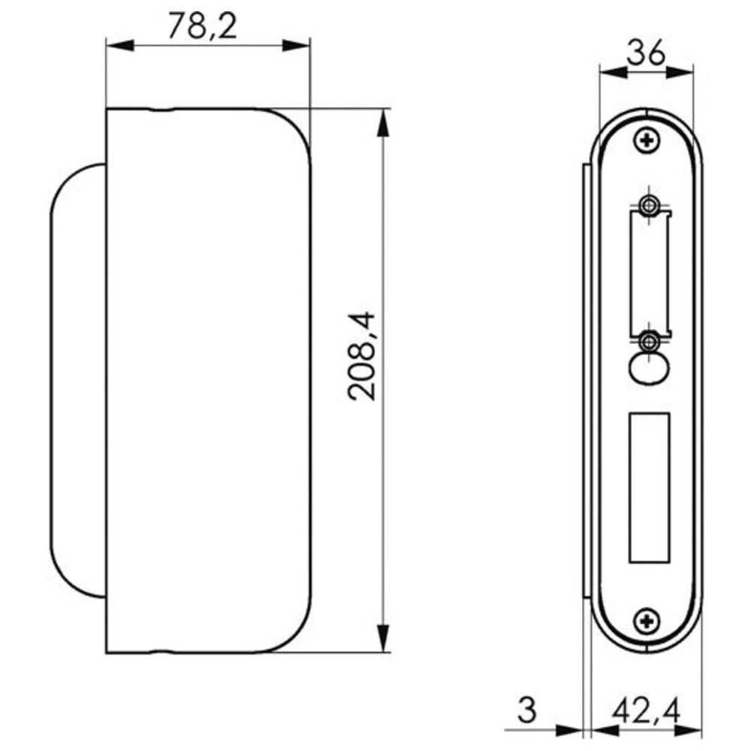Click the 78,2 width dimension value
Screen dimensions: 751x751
pos(203,26)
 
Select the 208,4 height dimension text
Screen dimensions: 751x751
pos(362,356)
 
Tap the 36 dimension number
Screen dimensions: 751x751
pos(646,53)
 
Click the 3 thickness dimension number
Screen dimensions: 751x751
pos(527,710)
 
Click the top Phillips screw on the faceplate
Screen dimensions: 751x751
pos(647,141)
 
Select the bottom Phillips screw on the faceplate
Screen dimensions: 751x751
pos(647,622)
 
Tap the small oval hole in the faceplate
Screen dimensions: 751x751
pos(649,369)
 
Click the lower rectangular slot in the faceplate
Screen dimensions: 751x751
pos(649,487)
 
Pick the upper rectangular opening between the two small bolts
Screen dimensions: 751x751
pos(650,273)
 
